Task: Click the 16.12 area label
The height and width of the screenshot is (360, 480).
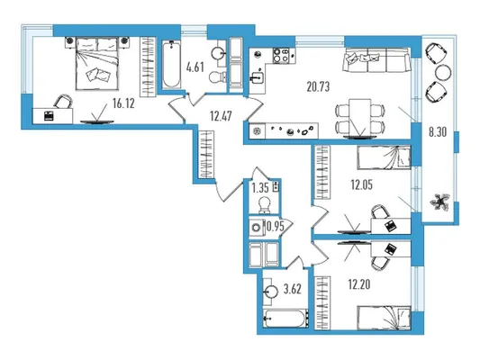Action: [123, 103]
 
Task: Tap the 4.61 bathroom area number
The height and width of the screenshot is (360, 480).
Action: [195, 67]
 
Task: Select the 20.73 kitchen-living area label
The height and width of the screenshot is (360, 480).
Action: [319, 87]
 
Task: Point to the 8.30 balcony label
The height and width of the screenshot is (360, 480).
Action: [438, 132]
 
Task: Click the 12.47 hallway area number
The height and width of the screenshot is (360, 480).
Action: [221, 116]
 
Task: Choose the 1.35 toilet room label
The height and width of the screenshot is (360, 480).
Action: [260, 187]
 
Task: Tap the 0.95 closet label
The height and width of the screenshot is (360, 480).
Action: [276, 227]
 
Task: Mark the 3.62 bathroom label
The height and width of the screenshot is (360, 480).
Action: [293, 289]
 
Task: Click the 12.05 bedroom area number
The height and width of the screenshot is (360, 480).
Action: [361, 184]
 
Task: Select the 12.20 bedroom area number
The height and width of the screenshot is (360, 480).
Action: [359, 284]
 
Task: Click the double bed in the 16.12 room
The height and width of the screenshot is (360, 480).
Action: [97, 64]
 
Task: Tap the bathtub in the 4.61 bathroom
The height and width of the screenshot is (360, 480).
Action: [171, 65]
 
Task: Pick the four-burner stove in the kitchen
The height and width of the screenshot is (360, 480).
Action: [281, 56]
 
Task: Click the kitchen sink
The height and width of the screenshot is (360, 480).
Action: [257, 77]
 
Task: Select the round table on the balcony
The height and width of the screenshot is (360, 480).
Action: [443, 73]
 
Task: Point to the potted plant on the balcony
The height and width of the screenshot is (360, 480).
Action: [440, 202]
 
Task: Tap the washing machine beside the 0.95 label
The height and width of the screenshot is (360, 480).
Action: [257, 227]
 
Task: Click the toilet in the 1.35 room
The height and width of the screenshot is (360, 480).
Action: [264, 204]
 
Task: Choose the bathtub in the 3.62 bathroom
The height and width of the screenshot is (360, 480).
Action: [285, 319]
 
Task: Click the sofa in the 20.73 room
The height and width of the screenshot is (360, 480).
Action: [376, 60]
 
